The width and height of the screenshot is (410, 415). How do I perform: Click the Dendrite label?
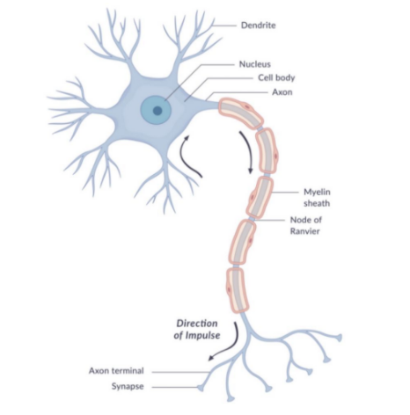point(258,25)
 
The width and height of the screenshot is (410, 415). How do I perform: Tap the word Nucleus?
point(255,64)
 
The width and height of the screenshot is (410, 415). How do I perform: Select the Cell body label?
point(276,78)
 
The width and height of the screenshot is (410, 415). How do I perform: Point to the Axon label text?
point(282,92)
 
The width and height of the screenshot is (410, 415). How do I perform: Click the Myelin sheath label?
point(317,198)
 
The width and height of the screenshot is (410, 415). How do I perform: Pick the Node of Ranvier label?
point(306,225)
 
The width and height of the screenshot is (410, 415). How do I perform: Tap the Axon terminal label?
point(116,371)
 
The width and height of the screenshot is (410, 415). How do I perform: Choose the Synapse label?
point(128,386)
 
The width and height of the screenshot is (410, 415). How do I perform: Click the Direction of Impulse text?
point(197,330)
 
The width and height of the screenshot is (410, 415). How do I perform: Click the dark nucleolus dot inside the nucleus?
point(157,111)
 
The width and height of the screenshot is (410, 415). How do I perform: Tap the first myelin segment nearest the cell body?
point(240,113)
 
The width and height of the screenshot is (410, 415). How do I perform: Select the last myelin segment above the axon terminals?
point(238,290)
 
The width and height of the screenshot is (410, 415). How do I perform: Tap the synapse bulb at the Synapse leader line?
point(201,388)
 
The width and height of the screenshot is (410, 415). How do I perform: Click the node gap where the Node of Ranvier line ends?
point(251,219)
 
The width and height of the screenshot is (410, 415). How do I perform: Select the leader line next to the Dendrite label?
point(224,25)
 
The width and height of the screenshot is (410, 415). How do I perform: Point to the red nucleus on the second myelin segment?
point(276,156)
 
